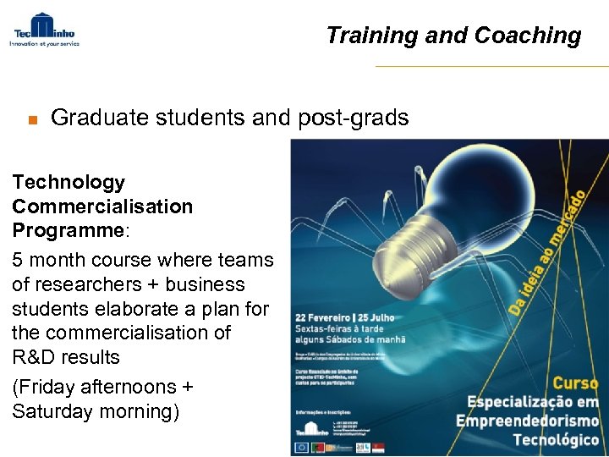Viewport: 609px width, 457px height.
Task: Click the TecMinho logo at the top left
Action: [x=44, y=29]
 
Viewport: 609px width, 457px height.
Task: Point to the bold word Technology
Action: [x=69, y=182]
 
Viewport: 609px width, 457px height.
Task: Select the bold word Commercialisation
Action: [x=102, y=206]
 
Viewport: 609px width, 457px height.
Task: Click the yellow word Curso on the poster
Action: [x=575, y=383]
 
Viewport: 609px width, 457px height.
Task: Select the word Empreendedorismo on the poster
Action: [x=527, y=421]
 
